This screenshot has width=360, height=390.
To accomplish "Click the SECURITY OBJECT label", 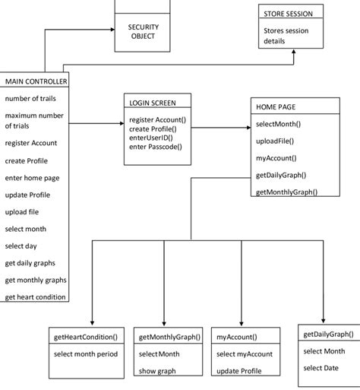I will pyautogui.click(x=143, y=32).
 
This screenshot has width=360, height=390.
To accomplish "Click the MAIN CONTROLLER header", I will pyautogui.click(x=36, y=81).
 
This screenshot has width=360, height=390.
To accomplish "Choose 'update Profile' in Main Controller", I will pyautogui.click(x=27, y=195).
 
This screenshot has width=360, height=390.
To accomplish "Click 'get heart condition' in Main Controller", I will pyautogui.click(x=35, y=296).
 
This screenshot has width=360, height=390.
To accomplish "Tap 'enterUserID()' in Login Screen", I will pyautogui.click(x=151, y=138).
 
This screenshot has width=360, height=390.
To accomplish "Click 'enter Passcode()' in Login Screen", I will pyautogui.click(x=155, y=147).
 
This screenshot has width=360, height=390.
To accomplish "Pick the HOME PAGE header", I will pyautogui.click(x=276, y=108).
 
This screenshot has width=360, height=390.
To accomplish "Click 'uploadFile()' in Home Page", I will pyautogui.click(x=275, y=141).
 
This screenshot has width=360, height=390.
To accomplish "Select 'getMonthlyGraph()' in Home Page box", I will pyautogui.click(x=286, y=192).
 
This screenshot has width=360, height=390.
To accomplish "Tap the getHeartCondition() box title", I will pyautogui.click(x=86, y=336).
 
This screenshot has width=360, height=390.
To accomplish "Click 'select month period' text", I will pyautogui.click(x=86, y=354).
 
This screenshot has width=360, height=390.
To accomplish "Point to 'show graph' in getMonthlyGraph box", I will pyautogui.click(x=156, y=372).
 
